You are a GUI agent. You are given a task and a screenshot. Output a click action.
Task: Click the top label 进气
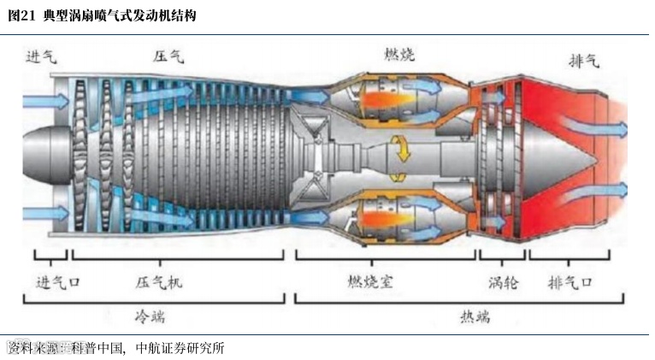[41, 57]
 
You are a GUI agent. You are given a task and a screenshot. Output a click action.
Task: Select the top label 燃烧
[399, 55]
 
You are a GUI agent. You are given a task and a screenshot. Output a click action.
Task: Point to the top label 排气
[583, 61]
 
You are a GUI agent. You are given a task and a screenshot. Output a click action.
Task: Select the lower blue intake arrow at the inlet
[39, 210]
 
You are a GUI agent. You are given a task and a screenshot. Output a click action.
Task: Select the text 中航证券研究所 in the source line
[180, 348]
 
